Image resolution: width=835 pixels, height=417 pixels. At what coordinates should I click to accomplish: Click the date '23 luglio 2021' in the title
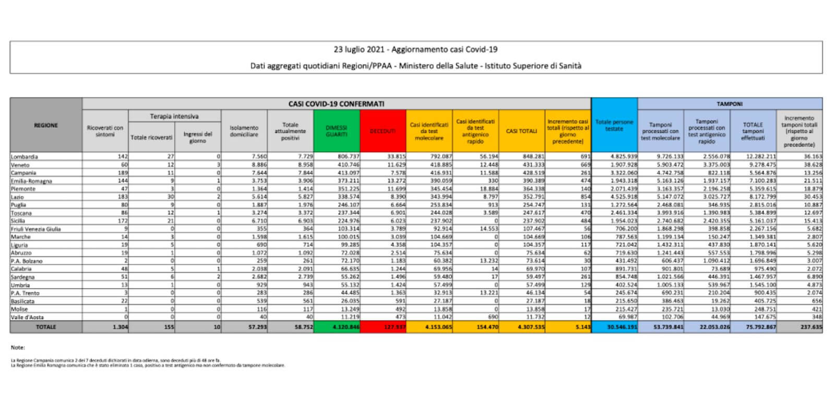click(359, 50)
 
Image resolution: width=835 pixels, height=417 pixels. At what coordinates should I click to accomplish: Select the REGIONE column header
click(46, 125)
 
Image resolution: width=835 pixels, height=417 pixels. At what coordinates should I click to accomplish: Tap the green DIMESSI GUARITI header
click(337, 131)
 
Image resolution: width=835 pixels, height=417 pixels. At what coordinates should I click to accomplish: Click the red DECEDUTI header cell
click(383, 131)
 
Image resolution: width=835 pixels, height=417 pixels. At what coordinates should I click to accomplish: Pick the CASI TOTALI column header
click(521, 131)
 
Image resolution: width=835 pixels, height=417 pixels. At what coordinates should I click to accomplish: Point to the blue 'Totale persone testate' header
click(614, 125)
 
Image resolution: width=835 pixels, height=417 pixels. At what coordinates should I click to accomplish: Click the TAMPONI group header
click(730, 104)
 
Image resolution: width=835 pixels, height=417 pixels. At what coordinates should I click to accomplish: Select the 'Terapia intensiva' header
click(174, 116)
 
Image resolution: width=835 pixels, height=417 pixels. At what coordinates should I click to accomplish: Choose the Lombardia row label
click(24, 156)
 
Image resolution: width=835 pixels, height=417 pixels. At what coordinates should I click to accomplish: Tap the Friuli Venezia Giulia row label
click(35, 229)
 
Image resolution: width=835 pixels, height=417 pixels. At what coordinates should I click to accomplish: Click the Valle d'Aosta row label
click(27, 317)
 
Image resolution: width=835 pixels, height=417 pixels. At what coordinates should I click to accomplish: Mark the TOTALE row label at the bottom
click(46, 327)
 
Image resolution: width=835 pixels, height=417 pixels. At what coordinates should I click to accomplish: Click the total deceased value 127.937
click(395, 327)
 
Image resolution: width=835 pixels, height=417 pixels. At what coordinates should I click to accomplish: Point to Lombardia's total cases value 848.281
click(533, 156)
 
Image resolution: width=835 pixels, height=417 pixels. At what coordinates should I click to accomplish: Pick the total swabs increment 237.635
click(810, 327)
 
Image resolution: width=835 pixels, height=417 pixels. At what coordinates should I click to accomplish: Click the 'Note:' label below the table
click(18, 347)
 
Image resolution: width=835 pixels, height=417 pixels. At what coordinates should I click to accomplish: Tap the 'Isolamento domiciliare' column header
click(244, 131)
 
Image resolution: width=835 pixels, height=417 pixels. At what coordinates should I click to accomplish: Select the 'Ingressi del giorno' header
click(198, 137)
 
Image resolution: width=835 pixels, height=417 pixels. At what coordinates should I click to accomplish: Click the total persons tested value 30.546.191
click(622, 327)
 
